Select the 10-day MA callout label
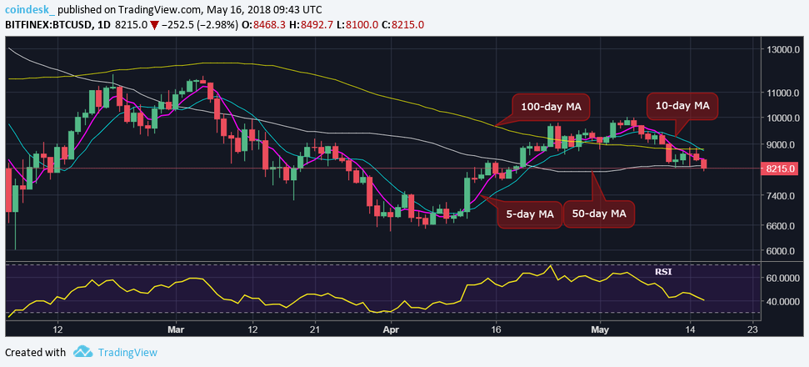coord(682,106)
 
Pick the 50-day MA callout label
coord(599,214)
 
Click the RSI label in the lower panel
coord(663,271)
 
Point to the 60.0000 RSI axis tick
coord(782,277)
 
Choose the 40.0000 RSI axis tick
coord(782,301)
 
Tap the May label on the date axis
coord(600,329)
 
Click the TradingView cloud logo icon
coord(82,352)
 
